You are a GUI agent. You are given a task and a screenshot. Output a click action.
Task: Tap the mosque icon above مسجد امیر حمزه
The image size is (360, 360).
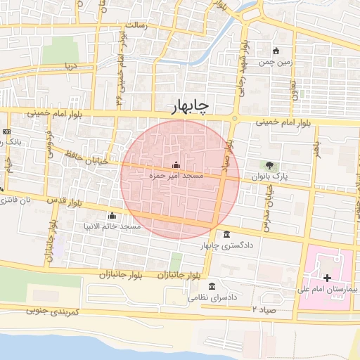click(x=176, y=165)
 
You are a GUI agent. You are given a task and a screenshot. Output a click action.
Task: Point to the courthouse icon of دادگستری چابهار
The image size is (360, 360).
click(x=226, y=235)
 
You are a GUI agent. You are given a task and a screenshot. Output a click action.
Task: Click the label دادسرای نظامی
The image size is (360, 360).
click(x=212, y=297)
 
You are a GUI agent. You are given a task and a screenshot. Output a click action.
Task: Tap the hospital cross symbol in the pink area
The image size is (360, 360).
click(x=326, y=278)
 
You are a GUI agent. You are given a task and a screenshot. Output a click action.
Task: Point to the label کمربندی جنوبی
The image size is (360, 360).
click(x=53, y=310)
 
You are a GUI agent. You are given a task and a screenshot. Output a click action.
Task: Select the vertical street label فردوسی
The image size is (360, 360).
click(x=49, y=140)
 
